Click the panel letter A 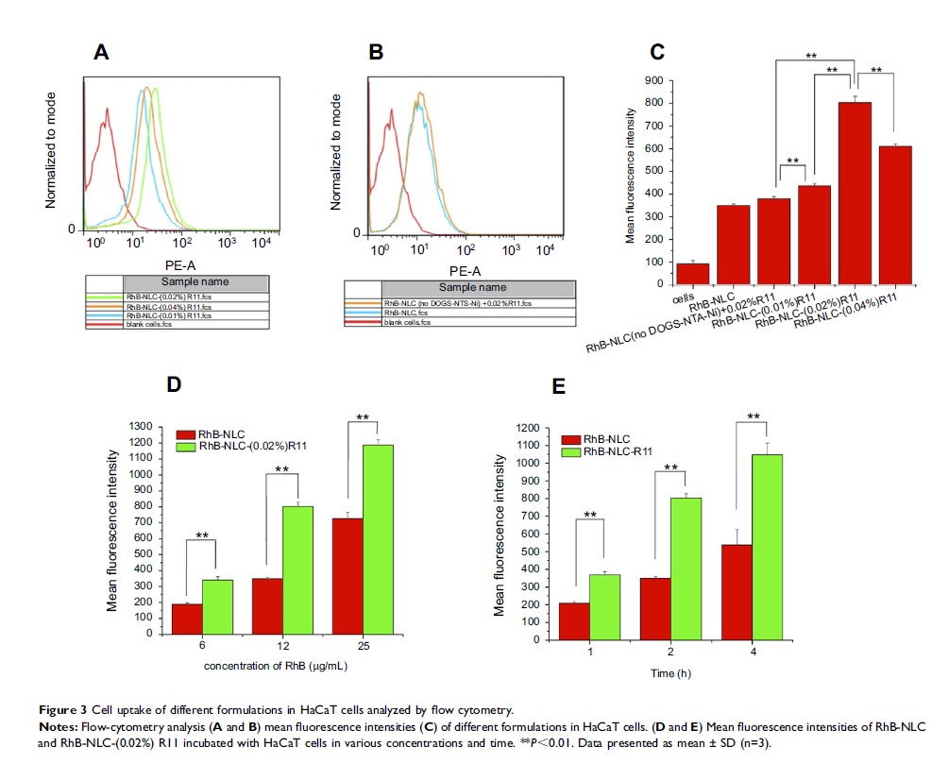pos(103,55)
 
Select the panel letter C pos(659,55)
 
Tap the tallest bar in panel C pos(856,193)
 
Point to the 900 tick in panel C pos(651,81)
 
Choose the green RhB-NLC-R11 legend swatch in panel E pos(571,453)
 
